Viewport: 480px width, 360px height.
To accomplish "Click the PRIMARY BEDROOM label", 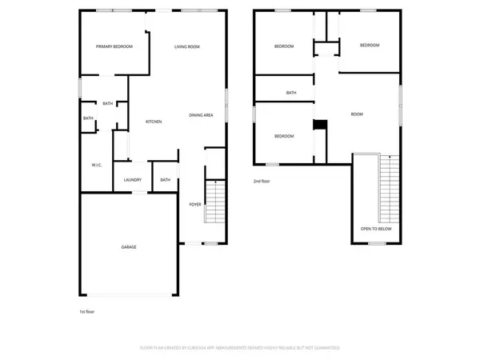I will click(x=114, y=47).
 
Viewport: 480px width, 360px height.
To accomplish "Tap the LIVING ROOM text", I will click(x=187, y=47).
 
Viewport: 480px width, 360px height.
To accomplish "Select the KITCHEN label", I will click(x=154, y=122).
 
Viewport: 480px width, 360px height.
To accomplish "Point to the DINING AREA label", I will click(x=201, y=116).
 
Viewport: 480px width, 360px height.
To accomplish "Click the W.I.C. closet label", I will click(x=96, y=165).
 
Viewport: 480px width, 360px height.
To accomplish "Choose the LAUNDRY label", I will click(x=132, y=180).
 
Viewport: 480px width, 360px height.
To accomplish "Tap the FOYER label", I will click(x=194, y=205).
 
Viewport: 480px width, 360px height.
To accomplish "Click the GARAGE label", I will click(x=129, y=247).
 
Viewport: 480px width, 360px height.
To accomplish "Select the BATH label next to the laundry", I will click(x=165, y=180).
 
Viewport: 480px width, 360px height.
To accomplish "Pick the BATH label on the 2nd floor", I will click(x=291, y=93).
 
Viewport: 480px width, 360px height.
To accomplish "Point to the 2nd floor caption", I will click(x=262, y=182).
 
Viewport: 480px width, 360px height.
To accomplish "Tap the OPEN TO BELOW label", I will click(x=376, y=229).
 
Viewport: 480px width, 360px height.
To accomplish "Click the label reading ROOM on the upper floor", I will click(x=357, y=114).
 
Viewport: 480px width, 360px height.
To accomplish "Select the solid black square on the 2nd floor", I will click(x=320, y=124).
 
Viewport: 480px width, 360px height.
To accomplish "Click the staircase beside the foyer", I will click(x=214, y=202).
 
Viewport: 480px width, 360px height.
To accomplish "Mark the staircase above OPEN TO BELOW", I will click(x=390, y=188).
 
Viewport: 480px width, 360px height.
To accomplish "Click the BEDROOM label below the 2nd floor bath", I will click(x=284, y=136).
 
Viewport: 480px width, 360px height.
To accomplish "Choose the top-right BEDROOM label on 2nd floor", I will click(x=369, y=46).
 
